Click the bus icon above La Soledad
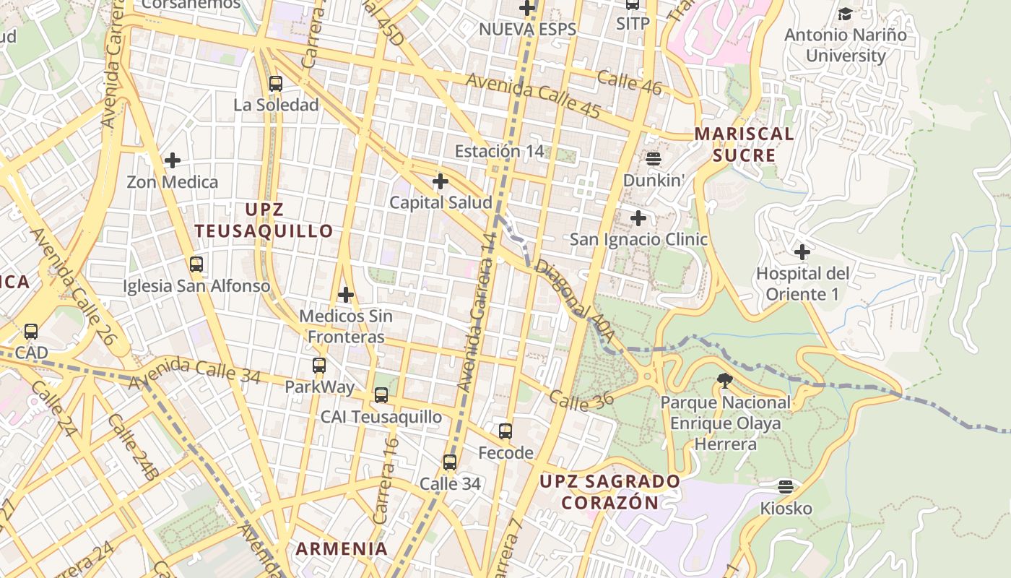click(276, 83)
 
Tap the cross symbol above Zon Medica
click(173, 160)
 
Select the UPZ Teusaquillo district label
click(264, 220)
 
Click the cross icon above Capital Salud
click(441, 181)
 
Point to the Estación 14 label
click(499, 151)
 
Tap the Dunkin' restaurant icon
click(654, 158)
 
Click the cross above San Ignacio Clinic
click(638, 217)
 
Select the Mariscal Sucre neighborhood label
click(744, 144)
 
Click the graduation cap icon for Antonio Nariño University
click(845, 14)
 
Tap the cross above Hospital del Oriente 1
click(802, 252)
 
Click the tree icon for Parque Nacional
click(725, 380)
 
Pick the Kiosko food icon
click(786, 487)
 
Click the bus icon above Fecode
click(506, 431)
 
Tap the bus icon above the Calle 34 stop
click(450, 462)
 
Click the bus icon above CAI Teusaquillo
click(381, 395)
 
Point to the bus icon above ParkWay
click(319, 366)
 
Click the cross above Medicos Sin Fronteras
click(346, 295)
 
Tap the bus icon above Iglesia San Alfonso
click(196, 264)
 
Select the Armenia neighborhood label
click(342, 548)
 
